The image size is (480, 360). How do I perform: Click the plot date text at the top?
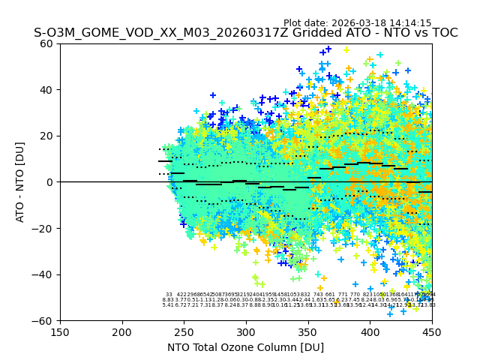pos(357,23)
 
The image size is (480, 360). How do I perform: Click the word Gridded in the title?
pos(289,33)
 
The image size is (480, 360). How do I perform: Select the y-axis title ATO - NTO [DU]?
pos(20,182)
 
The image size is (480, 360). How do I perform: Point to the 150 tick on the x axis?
pos(60,331)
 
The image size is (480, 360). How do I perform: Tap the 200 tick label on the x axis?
pos(122,331)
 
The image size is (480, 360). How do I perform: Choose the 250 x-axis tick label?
pos(184,331)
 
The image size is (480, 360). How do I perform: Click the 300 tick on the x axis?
pos(246,331)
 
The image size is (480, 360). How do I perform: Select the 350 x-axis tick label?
pos(308,331)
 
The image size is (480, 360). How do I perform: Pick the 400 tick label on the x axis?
pos(370,331)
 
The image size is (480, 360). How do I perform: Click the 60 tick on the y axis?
pos(47,43)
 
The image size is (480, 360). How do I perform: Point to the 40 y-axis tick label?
pos(47,90)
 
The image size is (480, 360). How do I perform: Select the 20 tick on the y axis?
pos(47,136)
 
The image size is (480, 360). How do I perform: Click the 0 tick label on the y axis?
pos(50,182)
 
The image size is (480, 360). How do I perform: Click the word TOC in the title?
pos(442,33)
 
